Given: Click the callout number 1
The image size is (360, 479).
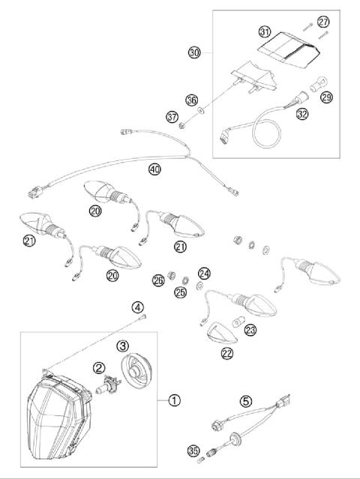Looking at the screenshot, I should pyautogui.click(x=173, y=400).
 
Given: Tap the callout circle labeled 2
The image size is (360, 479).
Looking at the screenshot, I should pyautogui.click(x=98, y=367).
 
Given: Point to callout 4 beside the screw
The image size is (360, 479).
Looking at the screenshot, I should pyautogui.click(x=137, y=307).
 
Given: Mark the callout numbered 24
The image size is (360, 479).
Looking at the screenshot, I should pyautogui.click(x=204, y=273).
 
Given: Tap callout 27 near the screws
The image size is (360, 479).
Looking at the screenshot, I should pyautogui.click(x=323, y=22).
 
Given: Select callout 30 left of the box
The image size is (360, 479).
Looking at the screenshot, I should pyautogui.click(x=193, y=53).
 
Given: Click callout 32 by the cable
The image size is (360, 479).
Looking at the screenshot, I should pyautogui.click(x=302, y=115).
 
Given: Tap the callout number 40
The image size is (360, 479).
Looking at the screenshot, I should pyautogui.click(x=154, y=170).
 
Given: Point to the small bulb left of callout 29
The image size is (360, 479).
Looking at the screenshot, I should pyautogui.click(x=304, y=95).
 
